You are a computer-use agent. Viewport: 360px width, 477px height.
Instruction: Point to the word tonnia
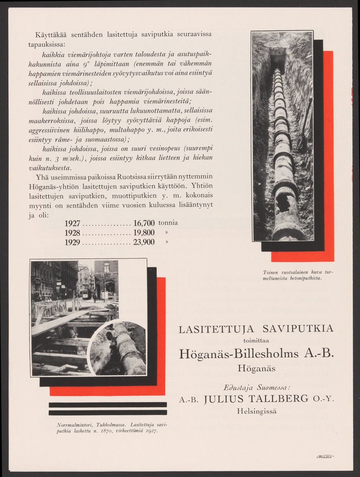pyautogui.click(x=168, y=223)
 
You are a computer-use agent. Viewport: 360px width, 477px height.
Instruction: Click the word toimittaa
pyautogui.click(x=256, y=339)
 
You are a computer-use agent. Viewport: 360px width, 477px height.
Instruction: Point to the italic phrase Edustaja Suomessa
pyautogui.click(x=256, y=386)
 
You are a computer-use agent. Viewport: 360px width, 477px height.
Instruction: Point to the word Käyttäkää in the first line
pyautogui.click(x=50, y=34)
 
